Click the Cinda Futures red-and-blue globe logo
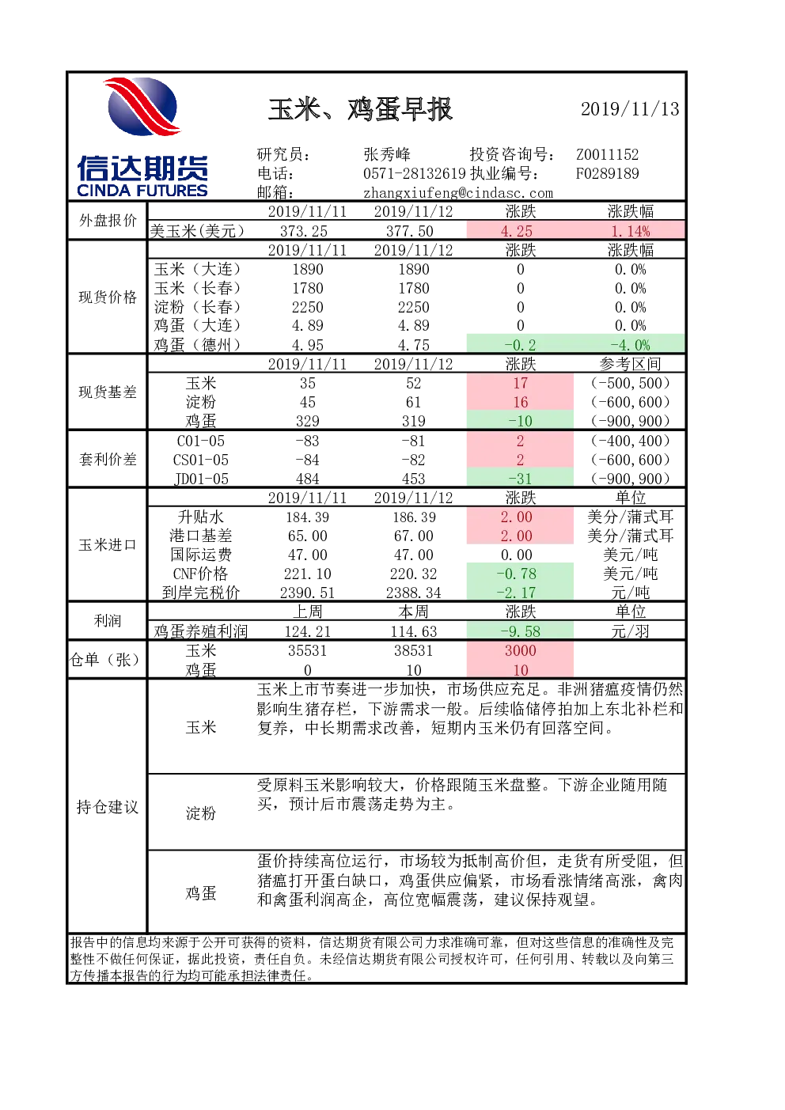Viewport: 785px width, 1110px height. click(x=142, y=106)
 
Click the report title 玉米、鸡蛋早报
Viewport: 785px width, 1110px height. click(x=360, y=109)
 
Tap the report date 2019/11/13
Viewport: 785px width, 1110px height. click(x=630, y=109)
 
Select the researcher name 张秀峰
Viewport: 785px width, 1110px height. click(x=387, y=154)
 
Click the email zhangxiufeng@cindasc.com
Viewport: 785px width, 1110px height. click(x=458, y=193)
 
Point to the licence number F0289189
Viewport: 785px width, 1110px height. click(x=607, y=173)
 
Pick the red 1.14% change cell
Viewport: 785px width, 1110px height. click(x=630, y=231)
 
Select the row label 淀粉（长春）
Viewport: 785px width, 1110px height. click(x=197, y=307)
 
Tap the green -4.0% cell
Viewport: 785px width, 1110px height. click(x=630, y=344)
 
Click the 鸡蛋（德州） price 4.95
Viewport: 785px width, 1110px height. click(x=307, y=344)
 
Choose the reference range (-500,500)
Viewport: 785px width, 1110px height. click(x=630, y=383)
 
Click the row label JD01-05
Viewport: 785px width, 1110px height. click(x=201, y=479)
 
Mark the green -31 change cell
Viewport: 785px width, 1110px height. click(x=520, y=479)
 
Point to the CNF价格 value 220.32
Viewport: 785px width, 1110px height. click(x=413, y=574)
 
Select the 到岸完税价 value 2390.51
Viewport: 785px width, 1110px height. click(x=307, y=593)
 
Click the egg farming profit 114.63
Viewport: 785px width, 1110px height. click(x=413, y=631)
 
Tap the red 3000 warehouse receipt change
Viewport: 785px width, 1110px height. click(x=520, y=650)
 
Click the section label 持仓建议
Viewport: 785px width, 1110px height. click(x=108, y=807)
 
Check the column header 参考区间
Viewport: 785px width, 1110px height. click(x=630, y=364)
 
